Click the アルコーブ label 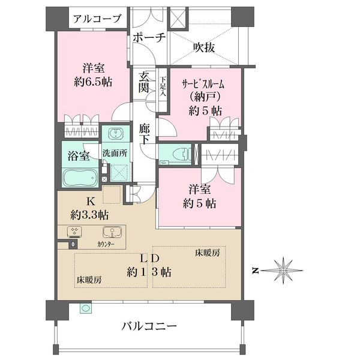coord(97,19)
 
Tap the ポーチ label coord(149,37)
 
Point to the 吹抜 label coord(204,47)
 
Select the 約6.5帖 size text coord(93,82)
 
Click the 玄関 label coord(144,82)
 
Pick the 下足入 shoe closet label coord(163,86)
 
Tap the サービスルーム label coord(203,85)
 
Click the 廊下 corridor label coord(144,134)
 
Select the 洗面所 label coord(115,153)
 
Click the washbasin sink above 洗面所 coord(116,133)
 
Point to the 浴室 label coord(79,156)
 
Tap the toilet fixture coord(179,154)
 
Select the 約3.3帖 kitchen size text coord(89,215)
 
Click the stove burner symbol coord(74,232)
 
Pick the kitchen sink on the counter coord(112,232)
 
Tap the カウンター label coord(106,244)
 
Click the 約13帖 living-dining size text coord(149,272)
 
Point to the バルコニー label coord(149,326)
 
